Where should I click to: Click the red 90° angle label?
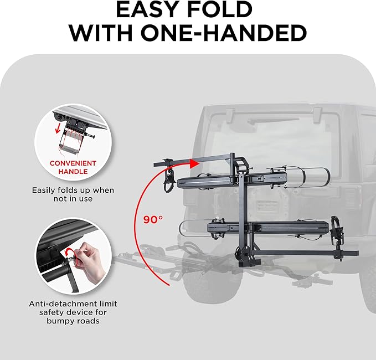tap(152, 219)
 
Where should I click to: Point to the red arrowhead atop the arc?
tap(193, 163)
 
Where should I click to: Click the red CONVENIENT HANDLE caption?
tap(73, 168)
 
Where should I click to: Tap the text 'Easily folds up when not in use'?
tap(73, 194)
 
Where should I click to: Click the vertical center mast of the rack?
tap(243, 210)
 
